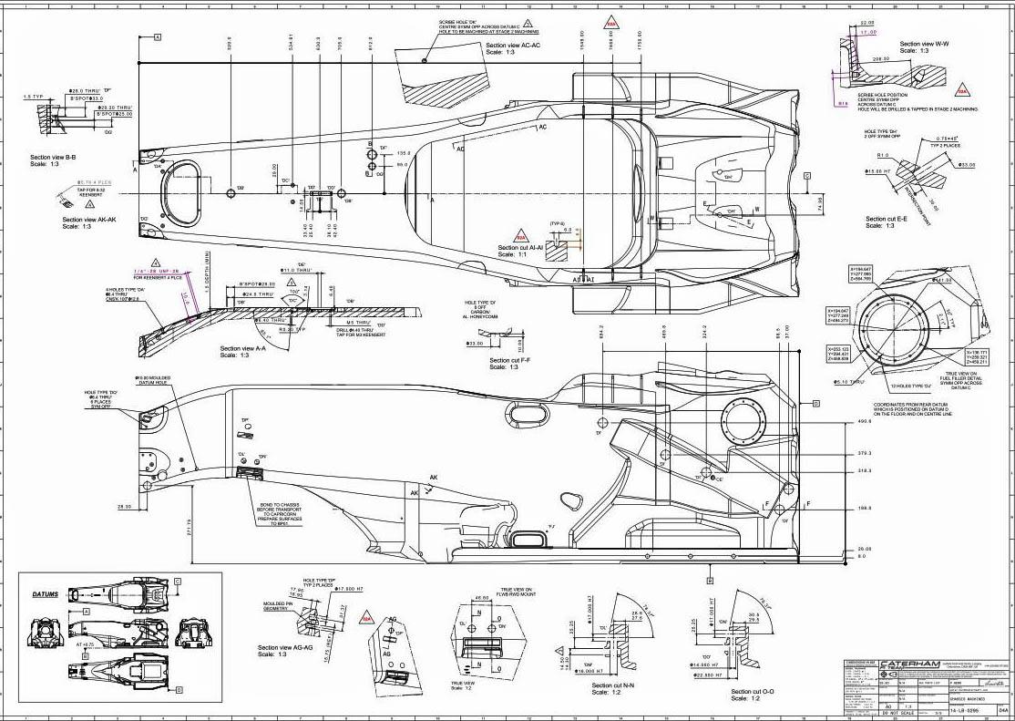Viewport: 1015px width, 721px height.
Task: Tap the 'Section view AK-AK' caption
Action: pos(88,220)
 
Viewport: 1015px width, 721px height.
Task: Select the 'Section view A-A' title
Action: pos(242,348)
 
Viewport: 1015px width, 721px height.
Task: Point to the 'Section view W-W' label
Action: pos(924,44)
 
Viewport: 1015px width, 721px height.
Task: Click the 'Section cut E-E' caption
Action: pos(892,219)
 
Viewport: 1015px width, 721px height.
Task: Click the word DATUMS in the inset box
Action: pos(46,594)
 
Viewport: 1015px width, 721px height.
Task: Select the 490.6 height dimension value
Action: pos(864,422)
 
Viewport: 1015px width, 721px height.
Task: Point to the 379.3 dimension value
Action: pos(864,453)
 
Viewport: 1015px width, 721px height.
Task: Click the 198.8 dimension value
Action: pos(864,509)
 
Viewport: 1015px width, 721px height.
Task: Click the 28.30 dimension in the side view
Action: pos(124,507)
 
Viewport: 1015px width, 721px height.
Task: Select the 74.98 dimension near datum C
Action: pos(818,202)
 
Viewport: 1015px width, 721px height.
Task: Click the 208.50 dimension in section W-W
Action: pos(880,58)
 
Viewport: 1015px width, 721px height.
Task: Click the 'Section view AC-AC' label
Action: pos(513,45)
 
